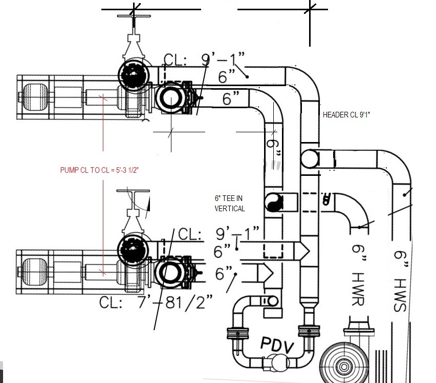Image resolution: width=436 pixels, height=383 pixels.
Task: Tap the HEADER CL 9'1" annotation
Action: coord(346,115)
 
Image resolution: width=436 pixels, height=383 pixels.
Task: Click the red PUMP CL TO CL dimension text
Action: coord(99,170)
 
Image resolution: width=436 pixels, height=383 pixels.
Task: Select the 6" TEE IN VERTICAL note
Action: coord(230,204)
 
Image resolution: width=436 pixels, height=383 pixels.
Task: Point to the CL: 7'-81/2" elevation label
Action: coord(156,302)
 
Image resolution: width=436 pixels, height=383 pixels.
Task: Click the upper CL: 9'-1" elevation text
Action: coord(204,59)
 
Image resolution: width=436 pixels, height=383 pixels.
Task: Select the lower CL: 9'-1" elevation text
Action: coord(219,233)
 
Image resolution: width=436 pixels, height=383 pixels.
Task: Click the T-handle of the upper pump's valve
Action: coord(134,16)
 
